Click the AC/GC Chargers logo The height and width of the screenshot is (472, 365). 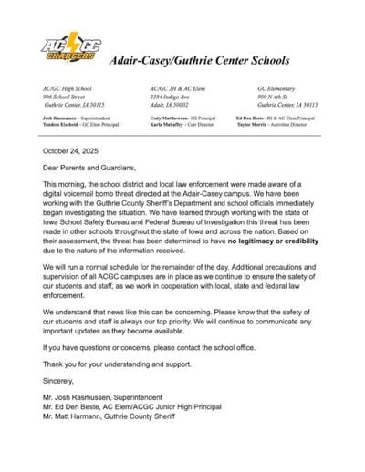[70, 49]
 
